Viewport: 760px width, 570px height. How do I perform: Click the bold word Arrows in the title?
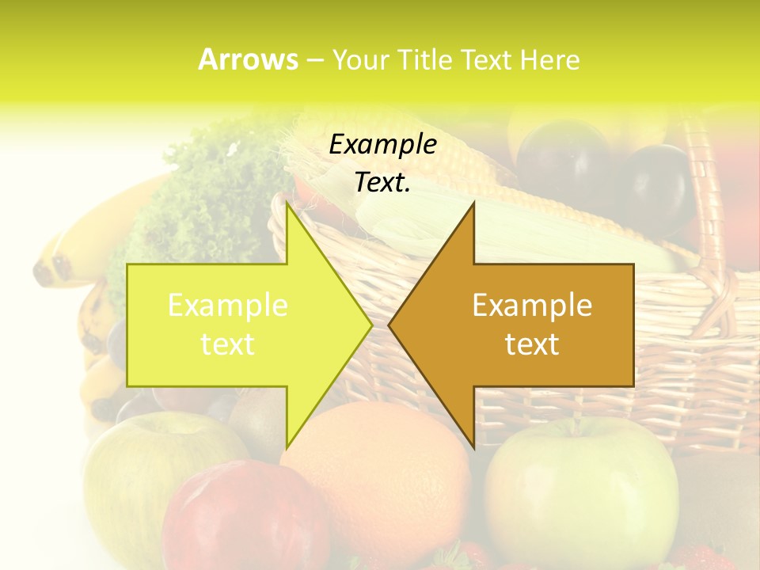pos(249,59)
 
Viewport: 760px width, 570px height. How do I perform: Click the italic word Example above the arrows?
pos(382,145)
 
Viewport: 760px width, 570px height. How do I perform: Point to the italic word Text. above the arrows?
pos(382,183)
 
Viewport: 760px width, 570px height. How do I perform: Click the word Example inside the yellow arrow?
pos(228,305)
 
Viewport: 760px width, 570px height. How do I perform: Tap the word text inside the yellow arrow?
pos(228,344)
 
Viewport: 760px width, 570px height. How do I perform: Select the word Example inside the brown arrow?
pos(532,305)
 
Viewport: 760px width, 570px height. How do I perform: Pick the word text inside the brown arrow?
pos(532,344)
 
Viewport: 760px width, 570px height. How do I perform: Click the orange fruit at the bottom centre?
pos(380,475)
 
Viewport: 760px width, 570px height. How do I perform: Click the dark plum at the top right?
pos(657,186)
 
